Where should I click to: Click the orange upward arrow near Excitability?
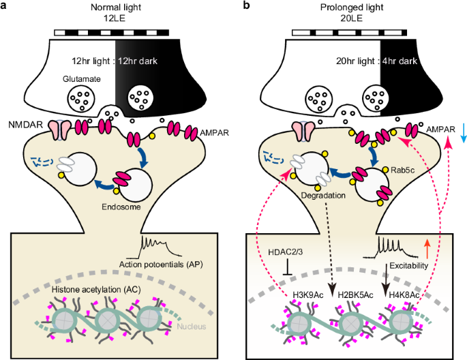pos(427,243)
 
